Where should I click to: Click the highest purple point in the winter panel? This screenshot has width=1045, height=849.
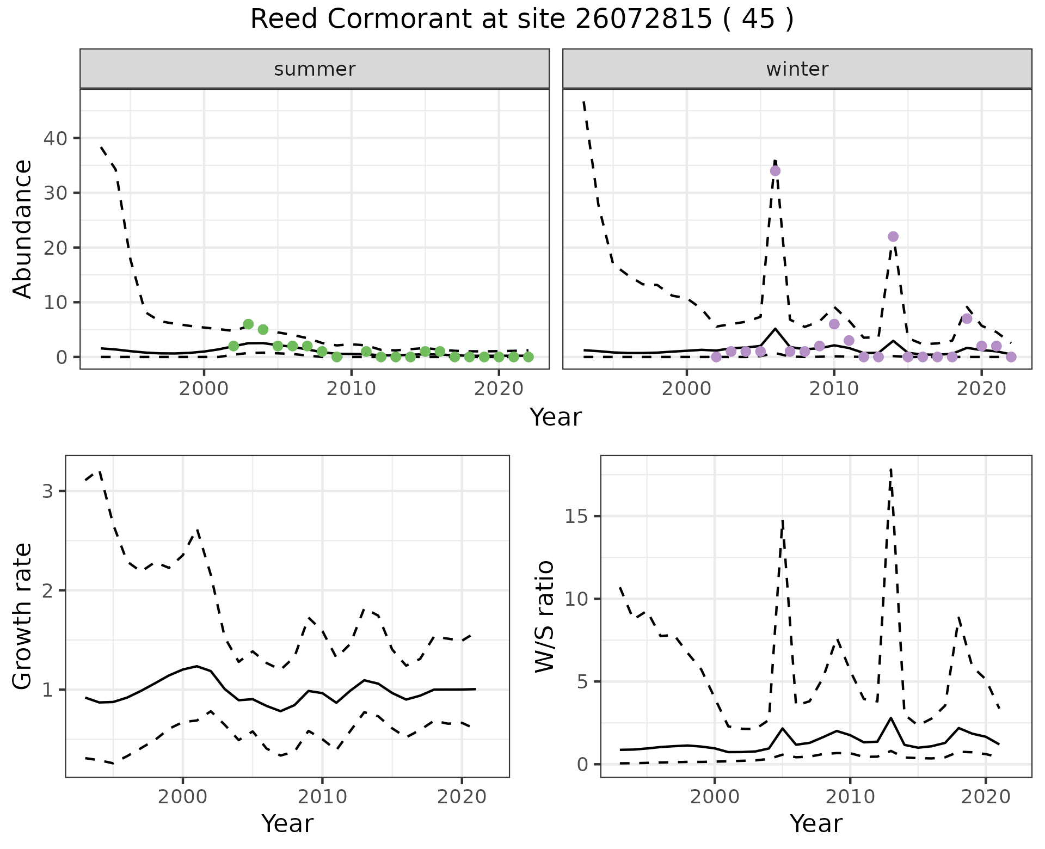pyautogui.click(x=775, y=171)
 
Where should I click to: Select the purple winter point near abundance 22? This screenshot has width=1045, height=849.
pyautogui.click(x=893, y=237)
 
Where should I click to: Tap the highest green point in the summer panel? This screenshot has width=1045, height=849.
pyautogui.click(x=248, y=324)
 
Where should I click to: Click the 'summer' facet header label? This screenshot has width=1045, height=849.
pyautogui.click(x=315, y=70)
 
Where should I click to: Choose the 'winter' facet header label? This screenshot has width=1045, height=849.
pyautogui.click(x=797, y=70)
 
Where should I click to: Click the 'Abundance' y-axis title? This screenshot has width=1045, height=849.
pyautogui.click(x=23, y=229)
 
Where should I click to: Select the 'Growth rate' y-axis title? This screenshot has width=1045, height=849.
pyautogui.click(x=23, y=616)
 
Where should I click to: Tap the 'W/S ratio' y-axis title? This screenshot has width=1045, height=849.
pyautogui.click(x=544, y=616)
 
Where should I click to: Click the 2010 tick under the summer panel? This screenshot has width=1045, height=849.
pyautogui.click(x=351, y=389)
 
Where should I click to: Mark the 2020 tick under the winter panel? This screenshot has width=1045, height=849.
pyautogui.click(x=981, y=389)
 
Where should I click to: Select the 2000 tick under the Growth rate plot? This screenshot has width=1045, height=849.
pyautogui.click(x=183, y=797)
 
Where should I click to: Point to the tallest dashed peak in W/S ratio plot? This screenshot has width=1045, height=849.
pyautogui.click(x=890, y=469)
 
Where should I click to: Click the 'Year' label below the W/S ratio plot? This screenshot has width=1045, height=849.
pyautogui.click(x=816, y=823)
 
